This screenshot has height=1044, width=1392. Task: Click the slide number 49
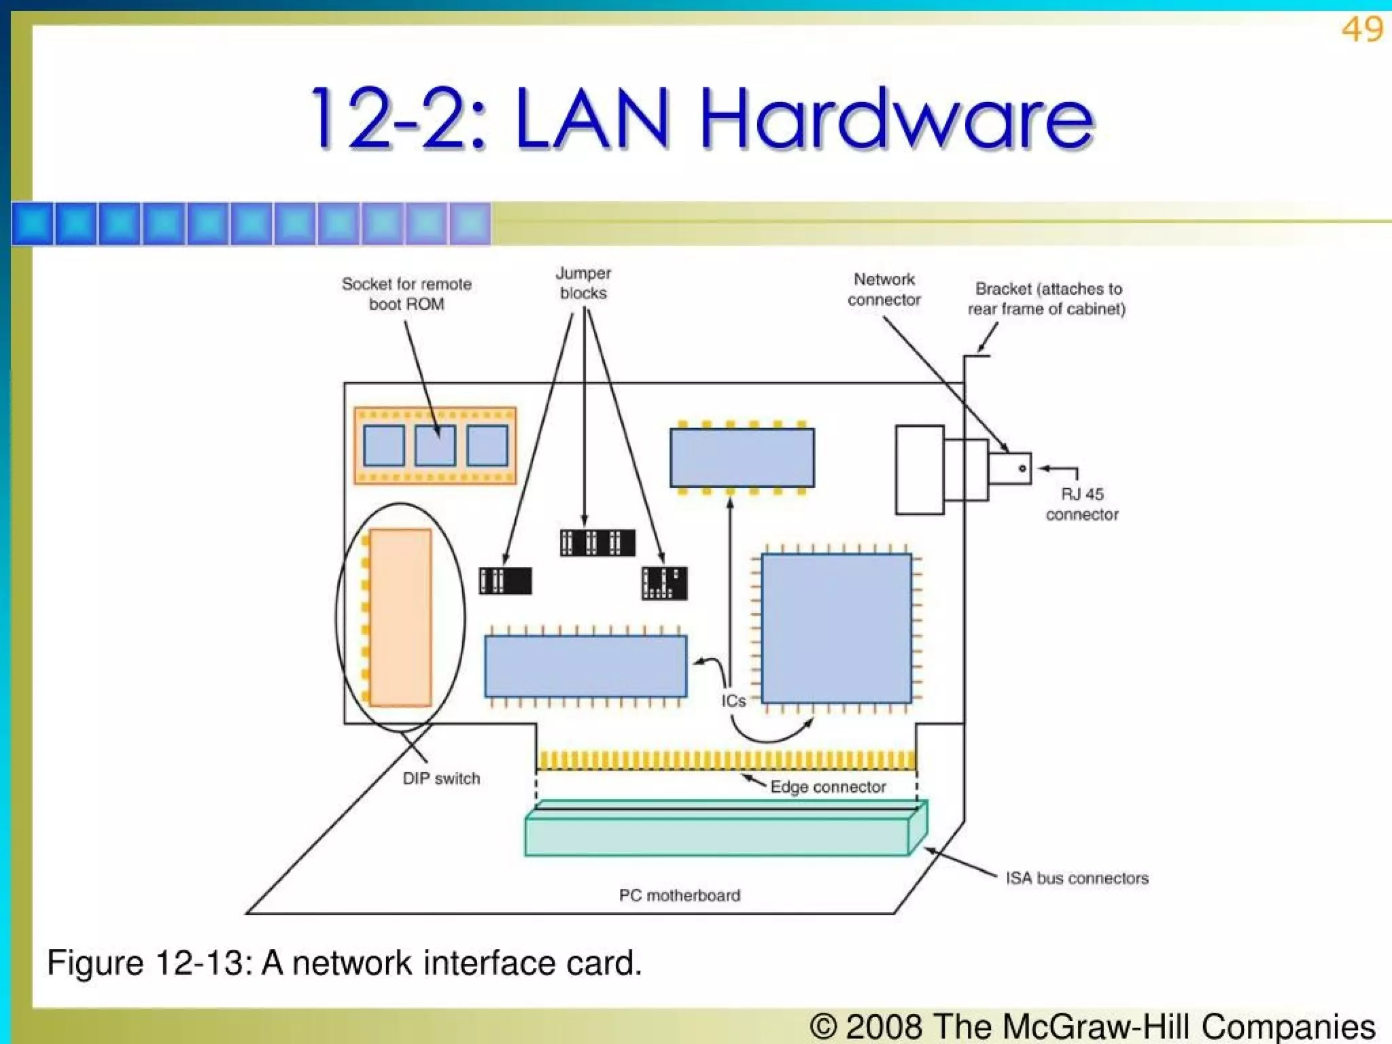(x=1361, y=30)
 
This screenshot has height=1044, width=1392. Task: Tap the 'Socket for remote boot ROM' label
(x=406, y=294)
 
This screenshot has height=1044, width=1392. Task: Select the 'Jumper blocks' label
(x=583, y=283)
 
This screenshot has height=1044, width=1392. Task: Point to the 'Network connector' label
(x=884, y=290)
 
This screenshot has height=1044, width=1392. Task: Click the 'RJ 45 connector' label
(x=1081, y=504)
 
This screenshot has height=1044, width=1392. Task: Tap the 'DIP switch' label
(x=441, y=779)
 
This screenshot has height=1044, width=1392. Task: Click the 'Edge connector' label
(x=827, y=787)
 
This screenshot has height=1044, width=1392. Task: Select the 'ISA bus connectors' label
(x=1077, y=878)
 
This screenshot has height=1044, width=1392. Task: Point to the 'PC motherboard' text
(x=679, y=895)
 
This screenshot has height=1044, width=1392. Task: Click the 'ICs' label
(x=733, y=701)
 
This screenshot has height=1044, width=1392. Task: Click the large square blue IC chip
(x=836, y=628)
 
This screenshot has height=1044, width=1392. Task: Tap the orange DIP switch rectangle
(x=400, y=617)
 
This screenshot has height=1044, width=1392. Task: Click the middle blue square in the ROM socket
(x=435, y=446)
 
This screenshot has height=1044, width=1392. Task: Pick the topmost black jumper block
(x=597, y=542)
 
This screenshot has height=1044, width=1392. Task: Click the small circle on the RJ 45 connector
(x=1022, y=468)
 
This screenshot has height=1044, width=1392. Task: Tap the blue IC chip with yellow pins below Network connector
(x=742, y=457)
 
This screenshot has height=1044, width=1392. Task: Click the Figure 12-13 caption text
(x=344, y=963)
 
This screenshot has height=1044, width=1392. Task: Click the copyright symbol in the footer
(x=824, y=1026)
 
